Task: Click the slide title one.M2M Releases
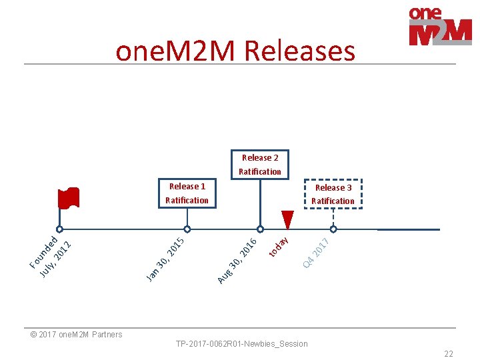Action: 235,51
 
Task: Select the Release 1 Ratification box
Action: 187,193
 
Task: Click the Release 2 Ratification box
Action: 260,165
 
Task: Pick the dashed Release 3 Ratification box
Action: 333,194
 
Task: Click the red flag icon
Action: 68,198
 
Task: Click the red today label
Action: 279,245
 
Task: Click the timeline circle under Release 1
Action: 187,229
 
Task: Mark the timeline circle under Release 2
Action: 260,229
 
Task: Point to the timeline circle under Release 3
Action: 333,229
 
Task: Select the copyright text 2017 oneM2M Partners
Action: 77,335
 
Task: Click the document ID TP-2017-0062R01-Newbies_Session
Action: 241,344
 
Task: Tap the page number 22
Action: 448,354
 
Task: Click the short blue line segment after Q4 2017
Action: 408,229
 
